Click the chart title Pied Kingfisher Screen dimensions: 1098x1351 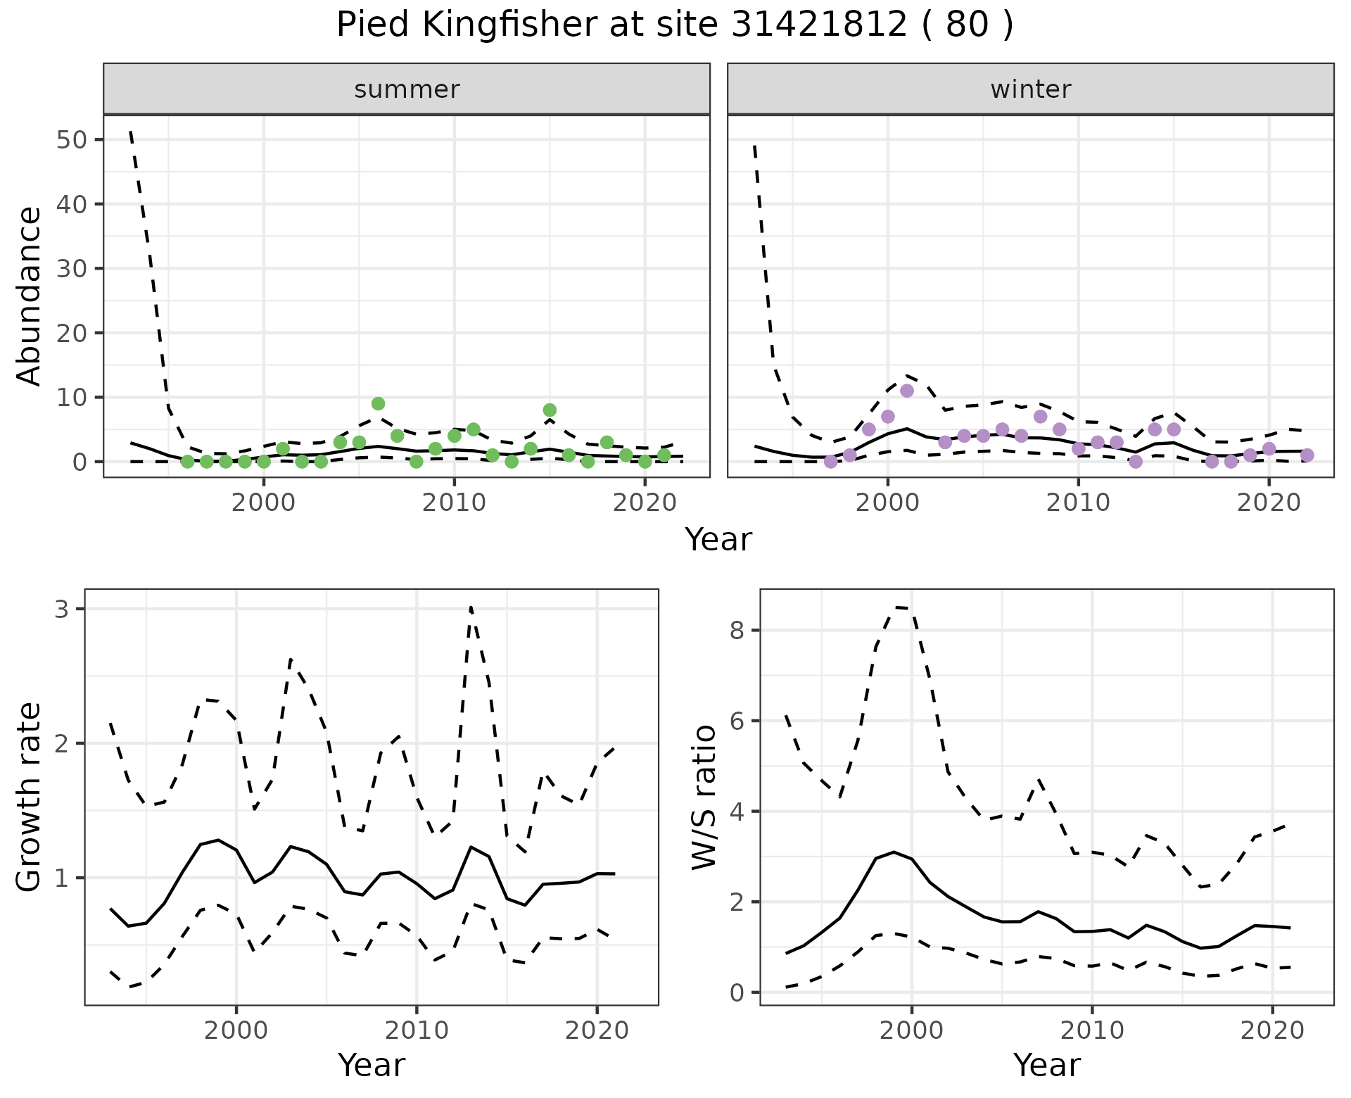pyautogui.click(x=674, y=25)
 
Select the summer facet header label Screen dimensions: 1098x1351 pyautogui.click(x=407, y=89)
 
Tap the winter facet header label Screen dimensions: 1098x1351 pyautogui.click(x=1030, y=89)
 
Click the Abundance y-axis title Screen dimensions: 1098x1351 pyautogui.click(x=30, y=296)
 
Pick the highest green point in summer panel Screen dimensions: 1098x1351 pyautogui.click(x=378, y=403)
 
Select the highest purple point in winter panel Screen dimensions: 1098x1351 pyautogui.click(x=906, y=391)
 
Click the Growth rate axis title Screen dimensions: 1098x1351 pyautogui.click(x=30, y=797)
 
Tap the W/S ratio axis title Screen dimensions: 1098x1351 pyautogui.click(x=704, y=797)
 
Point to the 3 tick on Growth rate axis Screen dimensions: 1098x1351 pyautogui.click(x=62, y=609)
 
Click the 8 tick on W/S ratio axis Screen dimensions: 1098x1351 pyautogui.click(x=737, y=630)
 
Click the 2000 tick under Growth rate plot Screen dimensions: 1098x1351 pyautogui.click(x=236, y=1030)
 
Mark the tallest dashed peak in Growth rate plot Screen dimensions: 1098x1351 pyautogui.click(x=470, y=607)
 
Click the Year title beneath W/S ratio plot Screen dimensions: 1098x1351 pyautogui.click(x=1046, y=1066)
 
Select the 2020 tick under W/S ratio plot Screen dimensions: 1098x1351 pyautogui.click(x=1272, y=1030)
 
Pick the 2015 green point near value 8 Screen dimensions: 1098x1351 pyautogui.click(x=550, y=410)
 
